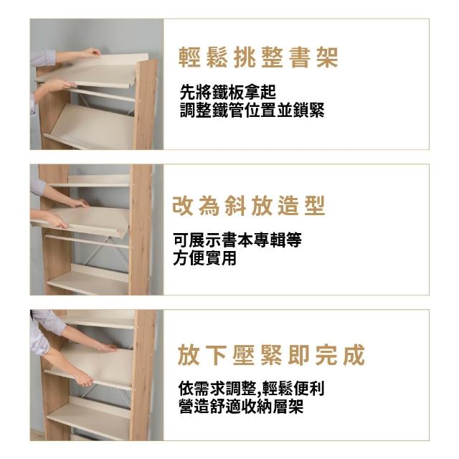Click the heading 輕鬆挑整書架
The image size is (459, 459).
(x=258, y=57)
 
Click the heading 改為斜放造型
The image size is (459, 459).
(x=249, y=206)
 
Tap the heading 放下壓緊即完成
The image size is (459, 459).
(x=271, y=355)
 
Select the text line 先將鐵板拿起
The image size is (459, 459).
(x=228, y=92)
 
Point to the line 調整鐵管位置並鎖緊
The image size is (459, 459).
(x=252, y=110)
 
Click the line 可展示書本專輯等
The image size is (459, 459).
(x=237, y=240)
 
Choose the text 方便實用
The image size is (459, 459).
(x=204, y=258)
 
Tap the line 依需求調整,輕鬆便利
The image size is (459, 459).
(x=252, y=389)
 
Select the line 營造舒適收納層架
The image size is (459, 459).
(x=241, y=407)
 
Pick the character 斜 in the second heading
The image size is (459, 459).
(x=235, y=206)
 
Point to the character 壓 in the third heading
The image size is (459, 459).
(x=244, y=355)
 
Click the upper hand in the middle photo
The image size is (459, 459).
(x=78, y=202)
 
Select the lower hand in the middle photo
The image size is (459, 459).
(x=57, y=220)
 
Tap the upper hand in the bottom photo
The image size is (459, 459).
(x=108, y=347)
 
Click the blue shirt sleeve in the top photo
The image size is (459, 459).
(x=43, y=57)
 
